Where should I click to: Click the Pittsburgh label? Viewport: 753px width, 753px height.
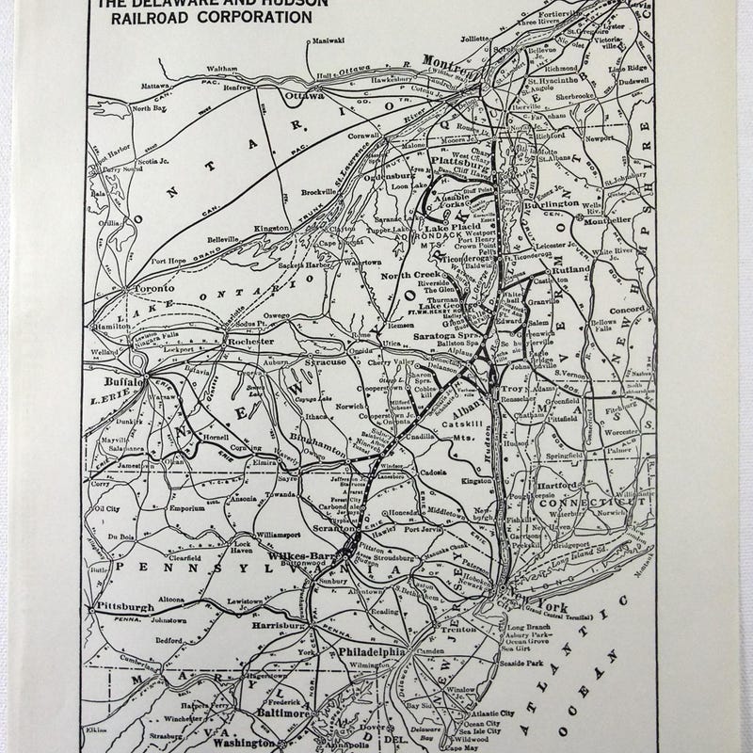120,609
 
